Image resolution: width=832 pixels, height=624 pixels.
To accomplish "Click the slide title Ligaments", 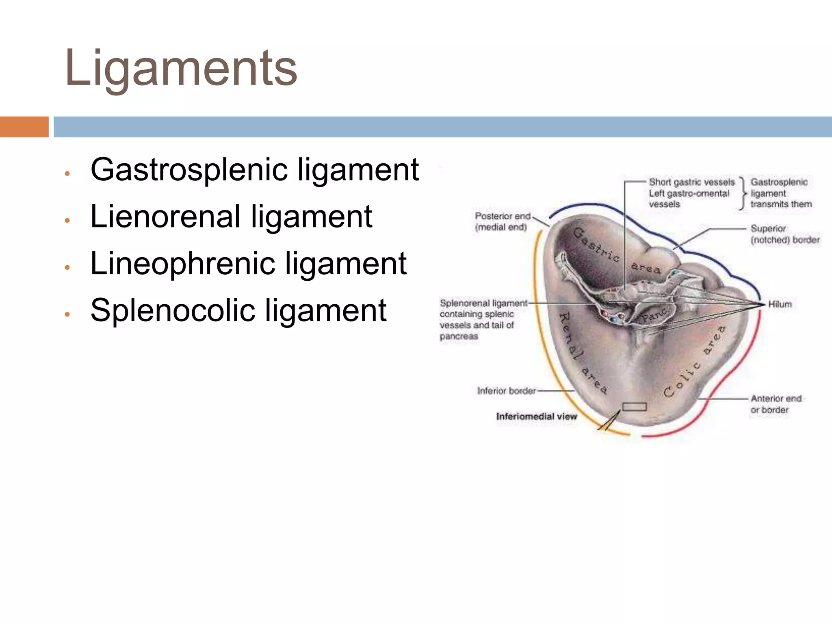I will [181, 68].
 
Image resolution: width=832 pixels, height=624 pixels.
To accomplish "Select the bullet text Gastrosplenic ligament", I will [255, 169].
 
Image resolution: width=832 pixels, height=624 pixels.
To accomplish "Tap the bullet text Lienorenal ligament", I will [231, 217].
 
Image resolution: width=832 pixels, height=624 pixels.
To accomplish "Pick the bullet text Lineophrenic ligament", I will [248, 264].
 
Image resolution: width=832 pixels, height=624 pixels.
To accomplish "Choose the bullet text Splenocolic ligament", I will [238, 311].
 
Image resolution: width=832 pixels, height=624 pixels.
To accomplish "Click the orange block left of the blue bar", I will [24, 127].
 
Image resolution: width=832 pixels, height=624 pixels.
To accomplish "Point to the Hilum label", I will [780, 304].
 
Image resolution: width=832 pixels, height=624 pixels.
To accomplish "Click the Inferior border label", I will [506, 391].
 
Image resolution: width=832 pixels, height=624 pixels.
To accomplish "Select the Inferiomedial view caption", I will [536, 416].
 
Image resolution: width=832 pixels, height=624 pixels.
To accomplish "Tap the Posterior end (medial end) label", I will [503, 221].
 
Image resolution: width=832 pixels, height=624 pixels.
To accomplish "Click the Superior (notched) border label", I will [784, 234].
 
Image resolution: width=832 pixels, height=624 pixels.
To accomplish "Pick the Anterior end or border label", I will [776, 404].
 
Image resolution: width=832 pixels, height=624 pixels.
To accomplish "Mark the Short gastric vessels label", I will [691, 182].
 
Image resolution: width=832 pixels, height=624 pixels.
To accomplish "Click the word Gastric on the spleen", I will [596, 244].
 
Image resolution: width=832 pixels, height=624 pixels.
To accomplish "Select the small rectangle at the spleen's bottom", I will [634, 406].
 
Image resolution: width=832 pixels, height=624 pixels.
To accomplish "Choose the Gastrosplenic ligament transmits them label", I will [780, 193].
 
